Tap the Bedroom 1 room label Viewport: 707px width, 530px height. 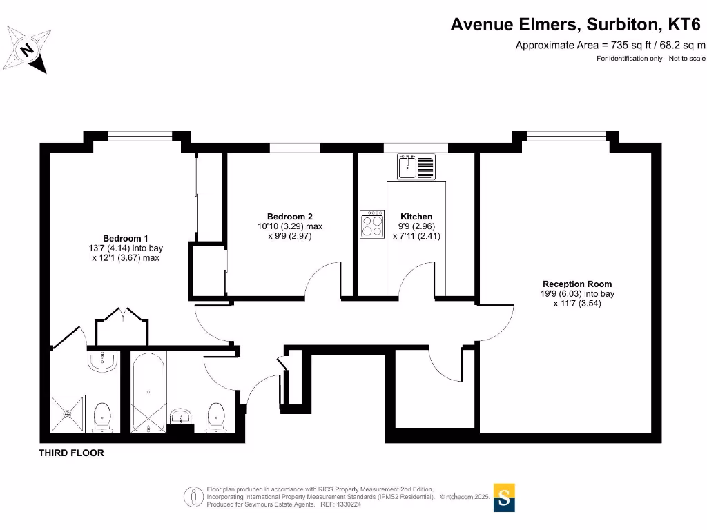[126, 237]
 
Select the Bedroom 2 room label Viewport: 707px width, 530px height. [289, 216]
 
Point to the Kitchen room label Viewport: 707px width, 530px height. [416, 216]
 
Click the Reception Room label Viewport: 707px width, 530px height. [577, 284]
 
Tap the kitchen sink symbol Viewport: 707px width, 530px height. [416, 166]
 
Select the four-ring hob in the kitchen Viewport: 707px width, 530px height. [373, 225]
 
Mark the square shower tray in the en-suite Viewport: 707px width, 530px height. [68, 414]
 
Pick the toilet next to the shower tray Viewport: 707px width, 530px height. [102, 418]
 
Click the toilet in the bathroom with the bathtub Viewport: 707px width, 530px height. [216, 418]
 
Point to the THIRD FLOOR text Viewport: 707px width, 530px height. [71, 453]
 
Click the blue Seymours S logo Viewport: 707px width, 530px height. [504, 498]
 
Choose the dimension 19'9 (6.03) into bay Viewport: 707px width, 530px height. [577, 293]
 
